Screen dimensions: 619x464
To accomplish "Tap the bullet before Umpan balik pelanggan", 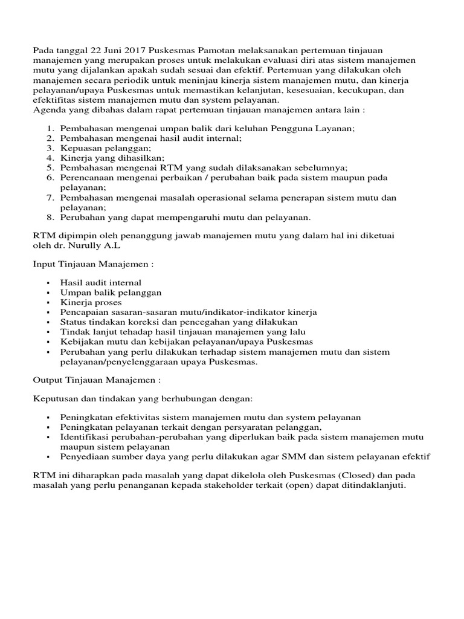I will pos(47,293).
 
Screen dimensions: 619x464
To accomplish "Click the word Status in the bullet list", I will pos(73,322).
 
